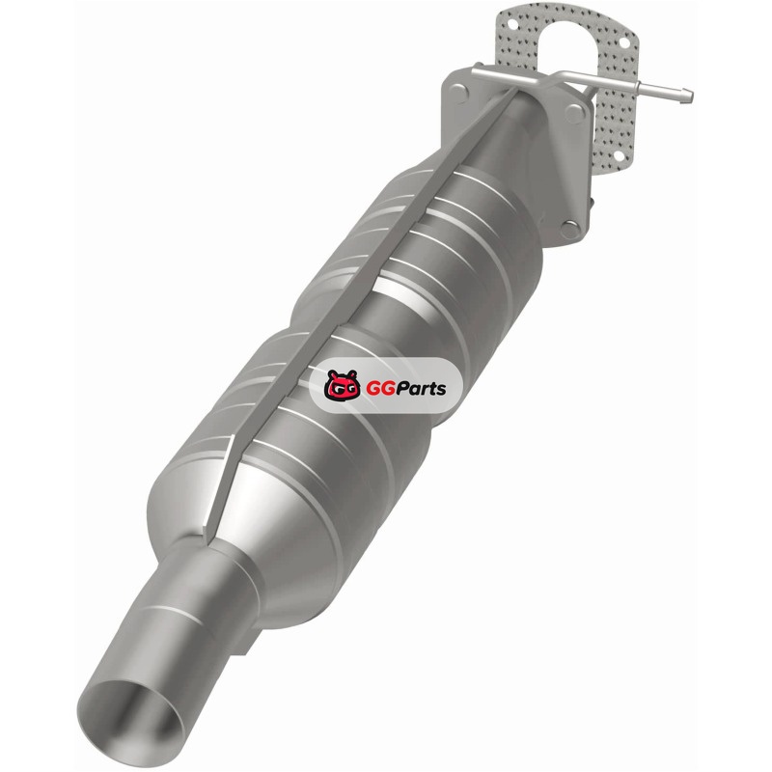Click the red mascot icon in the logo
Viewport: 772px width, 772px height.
[x=342, y=385]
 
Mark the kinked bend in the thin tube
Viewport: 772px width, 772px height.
[x=559, y=78]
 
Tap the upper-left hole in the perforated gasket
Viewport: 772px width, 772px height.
[x=512, y=23]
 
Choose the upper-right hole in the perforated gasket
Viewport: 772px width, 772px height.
[x=623, y=42]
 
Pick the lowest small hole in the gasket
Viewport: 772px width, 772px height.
[x=618, y=156]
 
